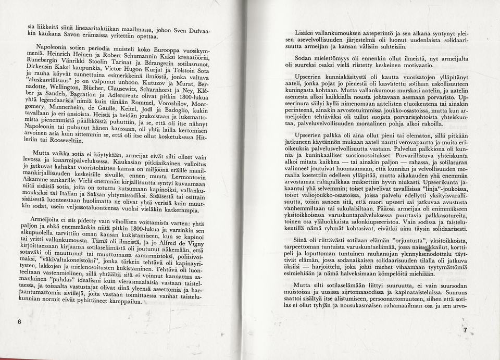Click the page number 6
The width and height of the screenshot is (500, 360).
pos(19,321)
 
